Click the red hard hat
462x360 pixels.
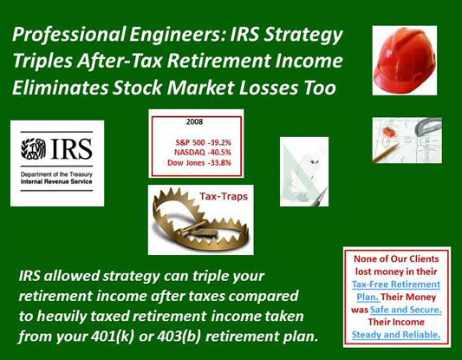(x=404, y=60)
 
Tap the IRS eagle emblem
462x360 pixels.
(x=33, y=149)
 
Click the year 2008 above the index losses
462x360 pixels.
(x=194, y=121)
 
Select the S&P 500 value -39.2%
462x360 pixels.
(x=219, y=143)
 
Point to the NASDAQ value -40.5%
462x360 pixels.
(x=219, y=153)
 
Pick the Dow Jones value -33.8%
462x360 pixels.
(x=219, y=162)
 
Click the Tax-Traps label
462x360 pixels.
(x=224, y=196)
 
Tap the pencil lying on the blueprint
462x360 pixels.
(x=386, y=154)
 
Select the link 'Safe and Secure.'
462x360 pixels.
(x=406, y=310)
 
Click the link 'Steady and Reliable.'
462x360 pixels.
(x=396, y=335)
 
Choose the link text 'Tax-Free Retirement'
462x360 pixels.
(x=396, y=285)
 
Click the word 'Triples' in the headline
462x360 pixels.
(x=42, y=61)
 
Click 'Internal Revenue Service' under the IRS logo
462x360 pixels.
(x=56, y=181)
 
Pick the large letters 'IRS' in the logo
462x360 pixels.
(x=71, y=149)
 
